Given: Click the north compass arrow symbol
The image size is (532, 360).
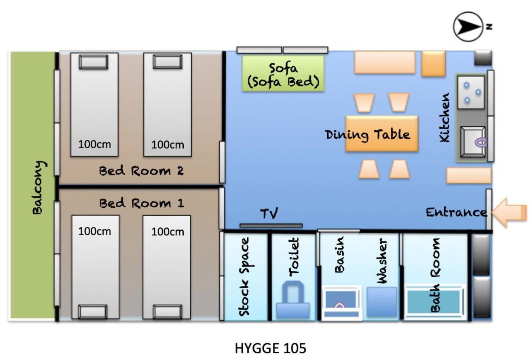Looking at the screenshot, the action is click(x=468, y=26).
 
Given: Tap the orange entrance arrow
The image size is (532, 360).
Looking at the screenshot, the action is click(x=509, y=212).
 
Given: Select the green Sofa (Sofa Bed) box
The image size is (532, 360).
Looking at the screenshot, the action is click(x=283, y=73).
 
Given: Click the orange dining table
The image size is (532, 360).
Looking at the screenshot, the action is click(x=382, y=134).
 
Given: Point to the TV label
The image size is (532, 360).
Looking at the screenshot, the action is click(x=269, y=213).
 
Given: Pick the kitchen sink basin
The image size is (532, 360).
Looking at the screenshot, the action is click(x=473, y=142).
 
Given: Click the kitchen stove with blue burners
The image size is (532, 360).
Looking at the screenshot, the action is click(x=471, y=93).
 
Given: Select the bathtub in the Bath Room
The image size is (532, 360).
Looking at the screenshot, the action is click(x=434, y=302).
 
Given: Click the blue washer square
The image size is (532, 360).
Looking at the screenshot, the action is click(x=382, y=302).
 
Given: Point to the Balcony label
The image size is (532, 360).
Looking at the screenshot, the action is click(x=39, y=188).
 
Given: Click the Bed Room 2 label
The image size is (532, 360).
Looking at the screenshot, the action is click(x=142, y=171).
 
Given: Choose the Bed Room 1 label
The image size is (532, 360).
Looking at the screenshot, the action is click(x=142, y=203).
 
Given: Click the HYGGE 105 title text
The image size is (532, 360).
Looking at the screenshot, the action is click(x=271, y=348).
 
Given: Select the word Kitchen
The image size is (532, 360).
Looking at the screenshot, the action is click(x=444, y=117).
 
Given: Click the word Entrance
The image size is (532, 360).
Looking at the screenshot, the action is click(x=456, y=212).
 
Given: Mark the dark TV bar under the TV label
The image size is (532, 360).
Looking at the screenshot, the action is click(x=271, y=226).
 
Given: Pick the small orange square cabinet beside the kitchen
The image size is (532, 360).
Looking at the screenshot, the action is click(x=434, y=64).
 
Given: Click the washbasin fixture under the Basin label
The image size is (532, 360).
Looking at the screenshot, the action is click(x=341, y=302).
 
